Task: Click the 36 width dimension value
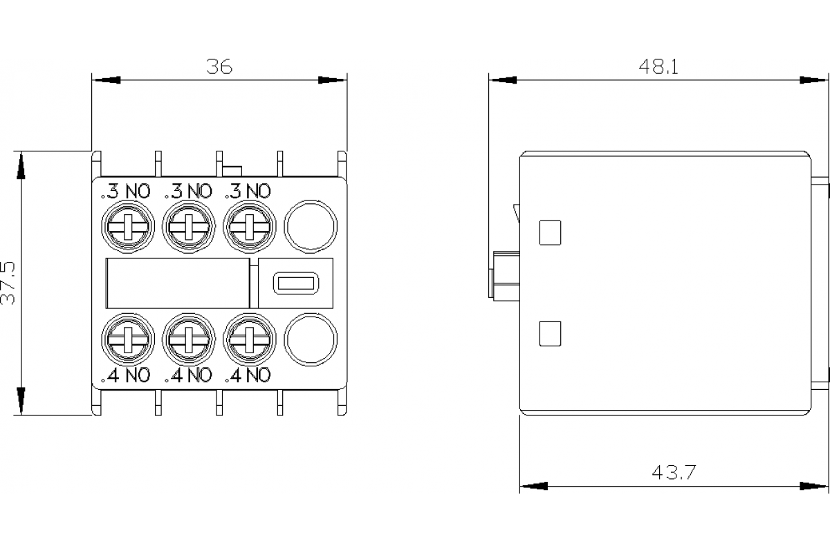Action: pyautogui.click(x=220, y=66)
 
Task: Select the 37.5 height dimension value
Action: pyautogui.click(x=10, y=283)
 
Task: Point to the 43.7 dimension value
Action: pyautogui.click(x=674, y=473)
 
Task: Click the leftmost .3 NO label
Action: pyautogui.click(x=126, y=191)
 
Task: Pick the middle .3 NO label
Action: pyautogui.click(x=187, y=191)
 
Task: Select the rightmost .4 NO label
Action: pyautogui.click(x=248, y=375)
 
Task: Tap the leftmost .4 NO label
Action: pyautogui.click(x=126, y=375)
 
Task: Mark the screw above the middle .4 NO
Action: pyautogui.click(x=188, y=339)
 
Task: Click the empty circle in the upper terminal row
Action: pyautogui.click(x=311, y=226)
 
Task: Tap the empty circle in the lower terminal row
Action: pyautogui.click(x=311, y=339)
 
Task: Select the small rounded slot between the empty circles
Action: pyautogui.click(x=295, y=283)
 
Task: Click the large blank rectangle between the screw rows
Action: pyautogui.click(x=177, y=283)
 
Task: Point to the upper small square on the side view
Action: pyautogui.click(x=549, y=232)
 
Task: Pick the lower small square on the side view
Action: pyautogui.click(x=549, y=334)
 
